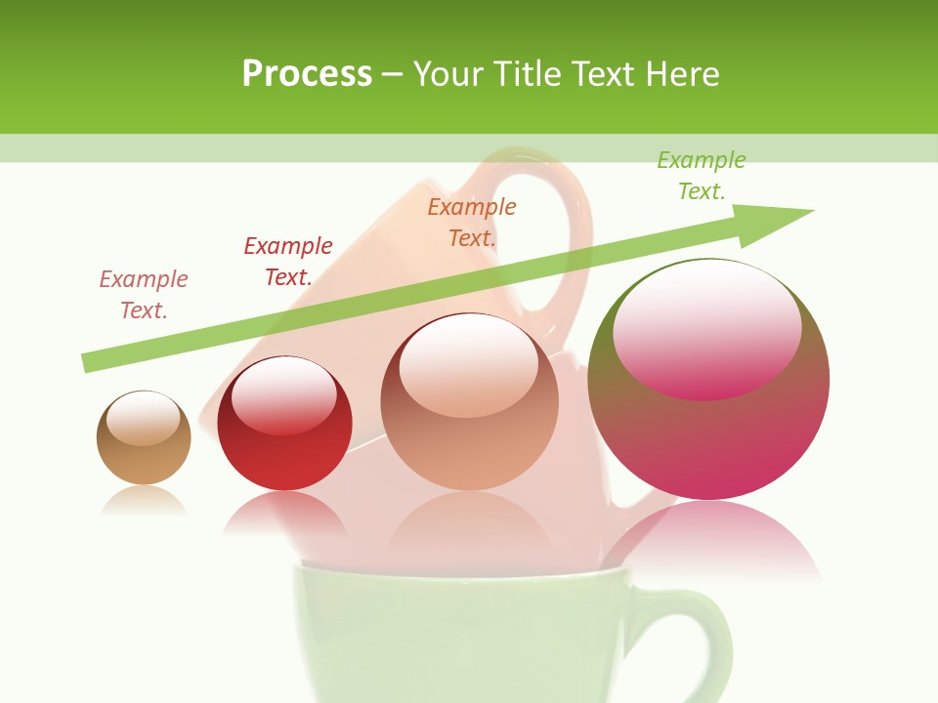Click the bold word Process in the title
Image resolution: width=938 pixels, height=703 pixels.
click(307, 74)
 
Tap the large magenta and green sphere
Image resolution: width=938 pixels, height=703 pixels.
click(708, 439)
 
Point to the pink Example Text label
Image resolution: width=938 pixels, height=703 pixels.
click(144, 294)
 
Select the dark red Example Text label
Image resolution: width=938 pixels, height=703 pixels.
click(288, 261)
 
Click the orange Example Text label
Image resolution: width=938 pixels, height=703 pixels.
click(472, 222)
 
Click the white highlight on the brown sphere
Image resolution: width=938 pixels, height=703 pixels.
click(144, 418)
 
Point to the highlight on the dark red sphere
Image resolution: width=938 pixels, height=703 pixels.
click(283, 395)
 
